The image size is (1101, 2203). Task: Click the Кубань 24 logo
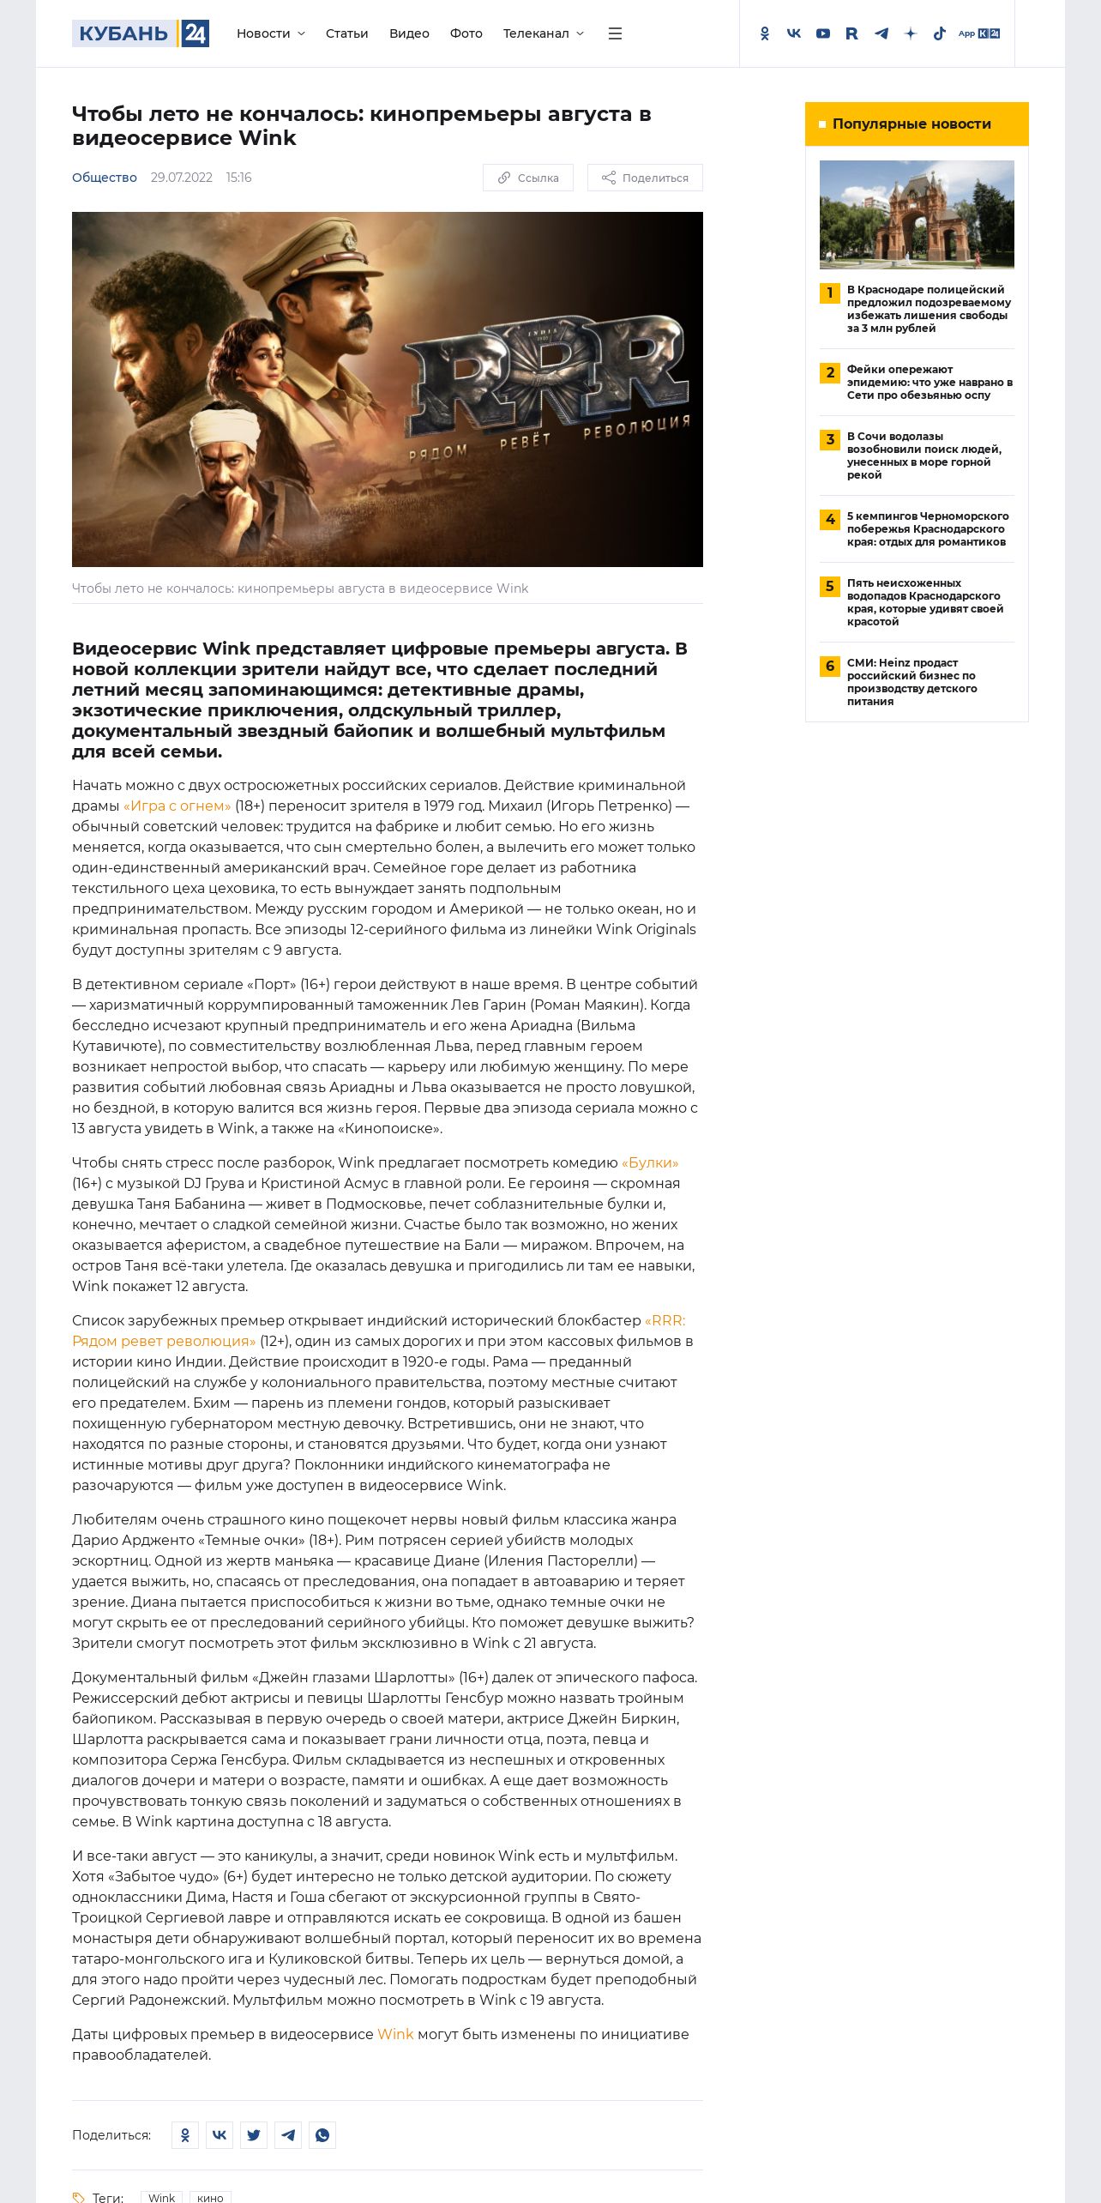141,33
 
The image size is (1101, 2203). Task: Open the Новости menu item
269,33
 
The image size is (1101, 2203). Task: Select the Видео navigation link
409,33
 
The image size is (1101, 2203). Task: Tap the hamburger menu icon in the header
615,33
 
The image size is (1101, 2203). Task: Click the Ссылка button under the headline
528,178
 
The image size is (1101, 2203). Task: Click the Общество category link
105,178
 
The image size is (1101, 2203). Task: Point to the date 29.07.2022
181,178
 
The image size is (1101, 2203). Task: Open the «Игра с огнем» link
177,806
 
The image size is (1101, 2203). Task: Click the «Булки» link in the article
649,1162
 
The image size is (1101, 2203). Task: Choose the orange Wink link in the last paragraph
395,2034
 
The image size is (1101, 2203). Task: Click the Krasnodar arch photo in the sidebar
917,214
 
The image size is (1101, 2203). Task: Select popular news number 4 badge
829,519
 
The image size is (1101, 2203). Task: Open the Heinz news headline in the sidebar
912,682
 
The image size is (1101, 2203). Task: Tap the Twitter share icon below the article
254,2135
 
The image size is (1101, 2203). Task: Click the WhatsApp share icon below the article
322,2135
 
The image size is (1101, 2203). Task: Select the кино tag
210,2197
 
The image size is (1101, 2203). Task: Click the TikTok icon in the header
940,33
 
